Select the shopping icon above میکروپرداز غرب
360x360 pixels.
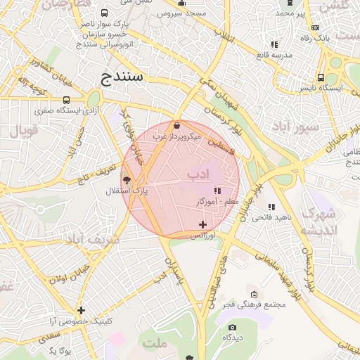tap(176, 125)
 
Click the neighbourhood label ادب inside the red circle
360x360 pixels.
tap(198, 173)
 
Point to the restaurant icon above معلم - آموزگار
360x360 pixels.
tap(217, 191)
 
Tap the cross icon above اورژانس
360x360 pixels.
tap(203, 224)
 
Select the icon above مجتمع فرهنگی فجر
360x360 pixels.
tap(254, 294)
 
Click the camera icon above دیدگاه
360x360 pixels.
tap(233, 327)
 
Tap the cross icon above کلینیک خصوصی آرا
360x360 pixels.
tap(82, 310)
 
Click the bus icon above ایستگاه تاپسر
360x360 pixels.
tap(321, 78)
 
